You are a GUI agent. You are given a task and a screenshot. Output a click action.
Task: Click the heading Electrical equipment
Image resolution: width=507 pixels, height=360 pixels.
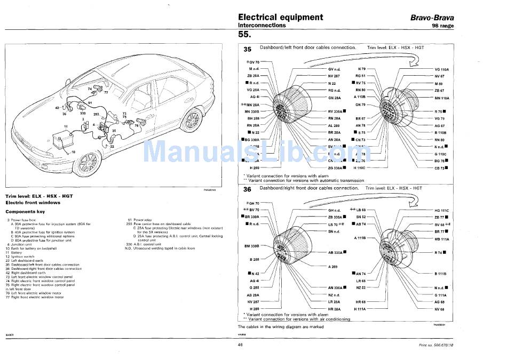coord(280,17)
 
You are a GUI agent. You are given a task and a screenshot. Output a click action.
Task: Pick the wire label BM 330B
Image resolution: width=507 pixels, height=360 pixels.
coord(251,246)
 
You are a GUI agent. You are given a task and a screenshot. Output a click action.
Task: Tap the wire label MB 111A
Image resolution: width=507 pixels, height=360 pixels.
coord(441,239)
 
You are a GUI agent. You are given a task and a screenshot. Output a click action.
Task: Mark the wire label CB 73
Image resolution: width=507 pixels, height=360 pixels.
coord(440,168)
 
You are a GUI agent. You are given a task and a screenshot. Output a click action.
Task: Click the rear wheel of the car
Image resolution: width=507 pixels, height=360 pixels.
coord(191,120)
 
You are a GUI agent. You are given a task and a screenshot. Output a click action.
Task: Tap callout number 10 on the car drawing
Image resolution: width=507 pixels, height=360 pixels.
coord(73,152)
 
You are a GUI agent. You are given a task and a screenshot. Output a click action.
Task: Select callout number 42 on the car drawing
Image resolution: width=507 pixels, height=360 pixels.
coord(57,108)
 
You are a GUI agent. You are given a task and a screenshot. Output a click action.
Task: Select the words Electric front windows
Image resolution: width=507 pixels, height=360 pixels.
coord(33,203)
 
